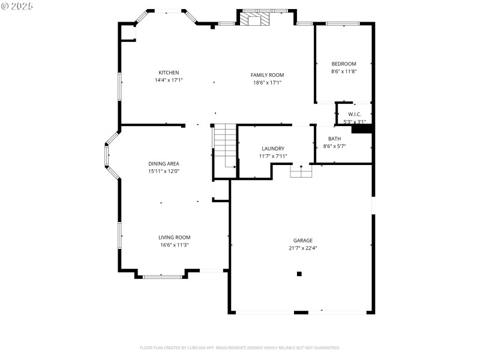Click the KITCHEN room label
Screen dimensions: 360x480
[169, 73]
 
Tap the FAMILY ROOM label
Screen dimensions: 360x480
[267, 75]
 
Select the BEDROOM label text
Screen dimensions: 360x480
[344, 64]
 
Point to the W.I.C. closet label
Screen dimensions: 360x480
[354, 114]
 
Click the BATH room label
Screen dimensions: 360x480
[334, 139]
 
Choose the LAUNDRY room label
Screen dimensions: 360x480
[273, 149]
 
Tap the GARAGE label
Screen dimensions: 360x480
[302, 241]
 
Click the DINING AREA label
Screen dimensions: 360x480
[164, 164]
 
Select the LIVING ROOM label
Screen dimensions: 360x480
[174, 238]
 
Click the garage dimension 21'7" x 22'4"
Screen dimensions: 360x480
[302, 248]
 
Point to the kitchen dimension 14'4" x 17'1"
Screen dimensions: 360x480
[169, 80]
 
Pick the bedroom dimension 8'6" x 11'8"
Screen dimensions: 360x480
[344, 71]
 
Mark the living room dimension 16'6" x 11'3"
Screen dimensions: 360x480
[174, 245]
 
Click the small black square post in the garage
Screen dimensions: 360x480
[299, 274]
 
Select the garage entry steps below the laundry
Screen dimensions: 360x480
[301, 171]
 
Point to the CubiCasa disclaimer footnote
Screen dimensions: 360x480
[240, 347]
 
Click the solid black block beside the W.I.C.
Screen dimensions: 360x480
[361, 128]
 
